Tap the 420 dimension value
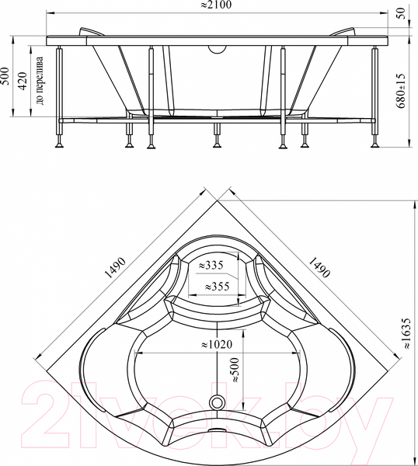click(23, 80)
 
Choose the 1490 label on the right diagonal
click(319, 266)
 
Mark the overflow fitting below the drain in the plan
click(218, 429)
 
